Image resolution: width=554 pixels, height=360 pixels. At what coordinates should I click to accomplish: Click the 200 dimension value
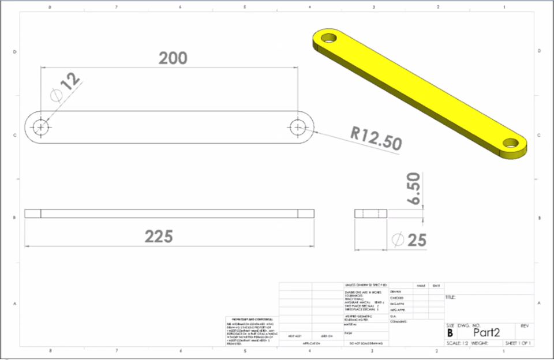[173, 58]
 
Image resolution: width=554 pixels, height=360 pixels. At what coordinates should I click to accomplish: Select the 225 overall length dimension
[158, 237]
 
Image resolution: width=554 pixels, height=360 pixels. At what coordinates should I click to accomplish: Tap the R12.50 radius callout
[376, 138]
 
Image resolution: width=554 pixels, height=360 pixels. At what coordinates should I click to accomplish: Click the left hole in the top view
[41, 126]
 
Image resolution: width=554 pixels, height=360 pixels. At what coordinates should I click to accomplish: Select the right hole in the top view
[298, 126]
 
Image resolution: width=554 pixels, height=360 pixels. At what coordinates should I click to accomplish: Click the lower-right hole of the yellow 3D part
[511, 143]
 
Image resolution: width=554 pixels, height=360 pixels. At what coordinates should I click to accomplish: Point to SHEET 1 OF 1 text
[518, 343]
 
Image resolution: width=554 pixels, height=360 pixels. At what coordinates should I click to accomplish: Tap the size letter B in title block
[450, 333]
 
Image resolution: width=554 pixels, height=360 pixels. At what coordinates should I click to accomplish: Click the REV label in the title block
[525, 326]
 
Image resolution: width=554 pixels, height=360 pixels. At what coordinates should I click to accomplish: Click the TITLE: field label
[451, 298]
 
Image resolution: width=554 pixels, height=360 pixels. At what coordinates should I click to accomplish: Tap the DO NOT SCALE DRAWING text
[366, 343]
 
